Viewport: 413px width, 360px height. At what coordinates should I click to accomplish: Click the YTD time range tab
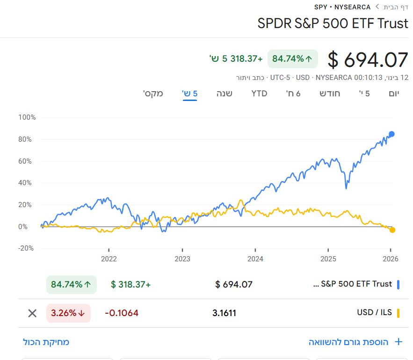(x=259, y=93)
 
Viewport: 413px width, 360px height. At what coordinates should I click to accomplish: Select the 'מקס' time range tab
(x=153, y=93)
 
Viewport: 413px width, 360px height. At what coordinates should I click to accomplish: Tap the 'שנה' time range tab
(x=225, y=93)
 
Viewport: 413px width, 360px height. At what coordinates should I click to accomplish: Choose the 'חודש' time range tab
(x=330, y=93)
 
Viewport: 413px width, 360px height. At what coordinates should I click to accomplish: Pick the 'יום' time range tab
(x=394, y=93)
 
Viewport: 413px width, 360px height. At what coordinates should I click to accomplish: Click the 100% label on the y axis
(x=27, y=117)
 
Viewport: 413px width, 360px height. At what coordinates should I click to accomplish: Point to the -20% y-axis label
(x=26, y=248)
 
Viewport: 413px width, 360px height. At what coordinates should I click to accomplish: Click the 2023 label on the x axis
(x=182, y=259)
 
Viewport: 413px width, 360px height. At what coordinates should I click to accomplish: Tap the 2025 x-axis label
(x=328, y=259)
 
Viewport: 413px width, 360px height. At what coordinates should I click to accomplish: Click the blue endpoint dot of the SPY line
(x=391, y=134)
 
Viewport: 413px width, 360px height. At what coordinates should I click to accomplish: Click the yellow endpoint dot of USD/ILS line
(x=392, y=230)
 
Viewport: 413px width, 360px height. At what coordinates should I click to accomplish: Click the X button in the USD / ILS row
(x=32, y=313)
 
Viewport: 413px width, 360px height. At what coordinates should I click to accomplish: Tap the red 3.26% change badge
(x=68, y=313)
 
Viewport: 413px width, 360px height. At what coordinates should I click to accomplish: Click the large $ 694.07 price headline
(x=368, y=60)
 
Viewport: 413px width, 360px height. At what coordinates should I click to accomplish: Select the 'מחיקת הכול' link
(x=46, y=342)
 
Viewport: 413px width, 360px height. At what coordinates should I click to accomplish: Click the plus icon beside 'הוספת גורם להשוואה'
(x=399, y=342)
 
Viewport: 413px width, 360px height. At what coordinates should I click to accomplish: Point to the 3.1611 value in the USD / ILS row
(x=224, y=313)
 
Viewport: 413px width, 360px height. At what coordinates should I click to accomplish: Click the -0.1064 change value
(x=122, y=313)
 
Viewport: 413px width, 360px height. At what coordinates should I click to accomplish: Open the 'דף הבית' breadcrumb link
(x=396, y=7)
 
